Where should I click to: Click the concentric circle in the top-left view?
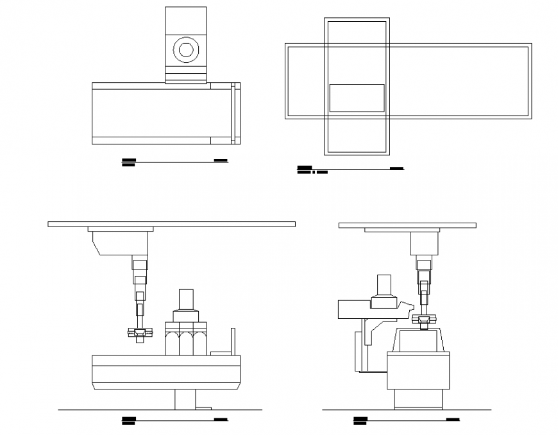click(186, 49)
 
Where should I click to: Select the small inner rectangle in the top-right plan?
click(357, 98)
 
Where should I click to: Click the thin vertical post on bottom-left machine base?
click(233, 340)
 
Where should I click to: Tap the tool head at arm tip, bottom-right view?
click(424, 320)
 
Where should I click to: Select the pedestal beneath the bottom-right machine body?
click(418, 400)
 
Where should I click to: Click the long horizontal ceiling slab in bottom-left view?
click(171, 224)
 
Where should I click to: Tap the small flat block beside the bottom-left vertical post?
click(219, 352)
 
